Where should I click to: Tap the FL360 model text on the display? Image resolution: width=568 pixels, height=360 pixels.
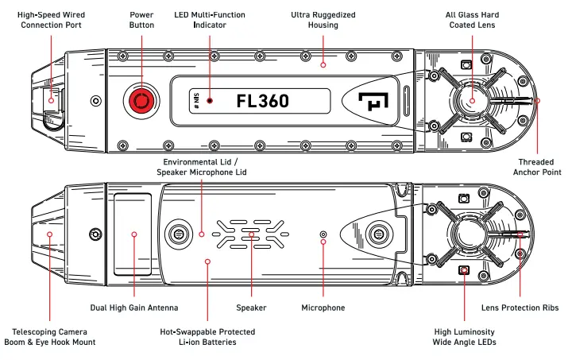(263, 101)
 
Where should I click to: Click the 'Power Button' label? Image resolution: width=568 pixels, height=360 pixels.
(141, 20)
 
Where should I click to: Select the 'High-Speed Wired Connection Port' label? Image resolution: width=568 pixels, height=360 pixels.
(52, 20)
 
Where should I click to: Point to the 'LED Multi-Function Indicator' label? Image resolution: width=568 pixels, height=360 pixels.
(211, 20)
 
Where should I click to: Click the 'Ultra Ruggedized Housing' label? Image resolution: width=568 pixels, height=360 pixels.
(323, 20)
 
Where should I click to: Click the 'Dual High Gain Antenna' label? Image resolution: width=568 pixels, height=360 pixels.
(133, 308)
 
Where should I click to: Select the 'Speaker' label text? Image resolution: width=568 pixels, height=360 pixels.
(251, 308)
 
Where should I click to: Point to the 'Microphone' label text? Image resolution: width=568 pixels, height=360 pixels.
(323, 308)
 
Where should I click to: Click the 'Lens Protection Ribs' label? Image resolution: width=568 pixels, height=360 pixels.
(520, 308)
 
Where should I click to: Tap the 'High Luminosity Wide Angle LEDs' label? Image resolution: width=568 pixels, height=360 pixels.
(465, 336)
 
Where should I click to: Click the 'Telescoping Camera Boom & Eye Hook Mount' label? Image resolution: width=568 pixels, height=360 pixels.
(49, 336)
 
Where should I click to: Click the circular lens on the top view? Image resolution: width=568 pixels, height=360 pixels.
(471, 101)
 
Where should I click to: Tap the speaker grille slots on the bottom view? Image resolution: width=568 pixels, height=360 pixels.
(251, 234)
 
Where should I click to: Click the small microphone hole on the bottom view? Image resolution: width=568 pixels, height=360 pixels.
(323, 234)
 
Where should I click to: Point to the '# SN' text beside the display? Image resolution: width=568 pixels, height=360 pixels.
(195, 101)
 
